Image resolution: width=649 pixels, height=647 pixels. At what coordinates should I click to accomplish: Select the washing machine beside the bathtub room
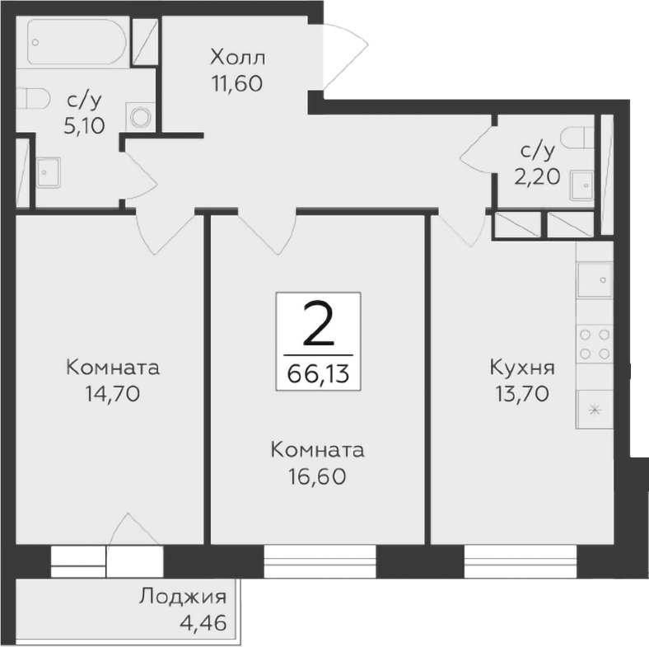140,115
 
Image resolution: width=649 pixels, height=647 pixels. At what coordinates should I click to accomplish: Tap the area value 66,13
318,374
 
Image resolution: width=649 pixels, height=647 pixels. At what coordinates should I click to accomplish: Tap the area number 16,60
317,476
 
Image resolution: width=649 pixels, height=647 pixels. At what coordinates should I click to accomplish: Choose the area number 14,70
111,393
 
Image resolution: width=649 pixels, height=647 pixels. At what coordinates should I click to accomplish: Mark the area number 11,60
236,83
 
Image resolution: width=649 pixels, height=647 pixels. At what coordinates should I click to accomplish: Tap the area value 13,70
521,393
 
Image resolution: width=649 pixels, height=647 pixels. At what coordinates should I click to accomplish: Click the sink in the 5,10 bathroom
48,171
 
